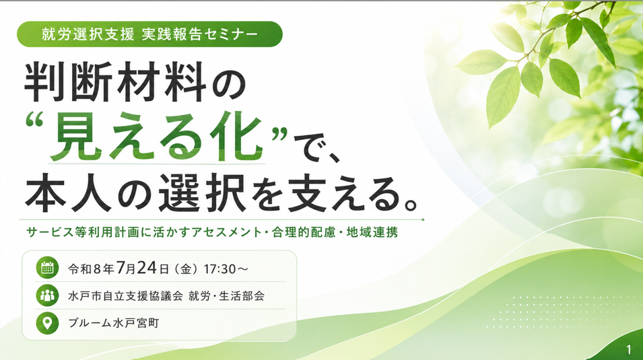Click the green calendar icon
[47, 268]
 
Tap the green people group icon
[47, 295]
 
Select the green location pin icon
[47, 323]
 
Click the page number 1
[629, 349]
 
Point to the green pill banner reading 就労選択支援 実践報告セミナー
[149, 34]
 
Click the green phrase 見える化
[156, 138]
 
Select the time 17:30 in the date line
[219, 269]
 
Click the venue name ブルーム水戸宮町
[114, 323]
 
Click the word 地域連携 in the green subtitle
[372, 232]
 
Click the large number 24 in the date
[147, 268]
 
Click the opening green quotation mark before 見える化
[34, 120]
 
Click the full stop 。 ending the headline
[411, 204]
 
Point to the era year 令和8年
[91, 269]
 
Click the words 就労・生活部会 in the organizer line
[226, 296]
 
